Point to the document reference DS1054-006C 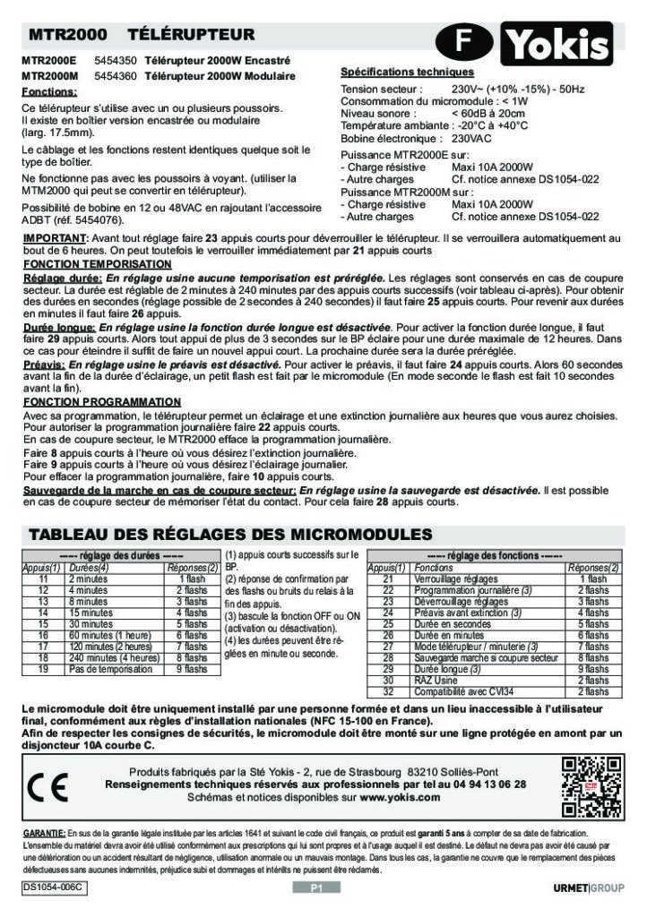tap(54, 887)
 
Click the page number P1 tap(316, 887)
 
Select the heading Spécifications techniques tap(407, 72)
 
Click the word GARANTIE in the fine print tap(44, 833)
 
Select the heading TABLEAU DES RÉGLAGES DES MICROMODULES tap(231, 535)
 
